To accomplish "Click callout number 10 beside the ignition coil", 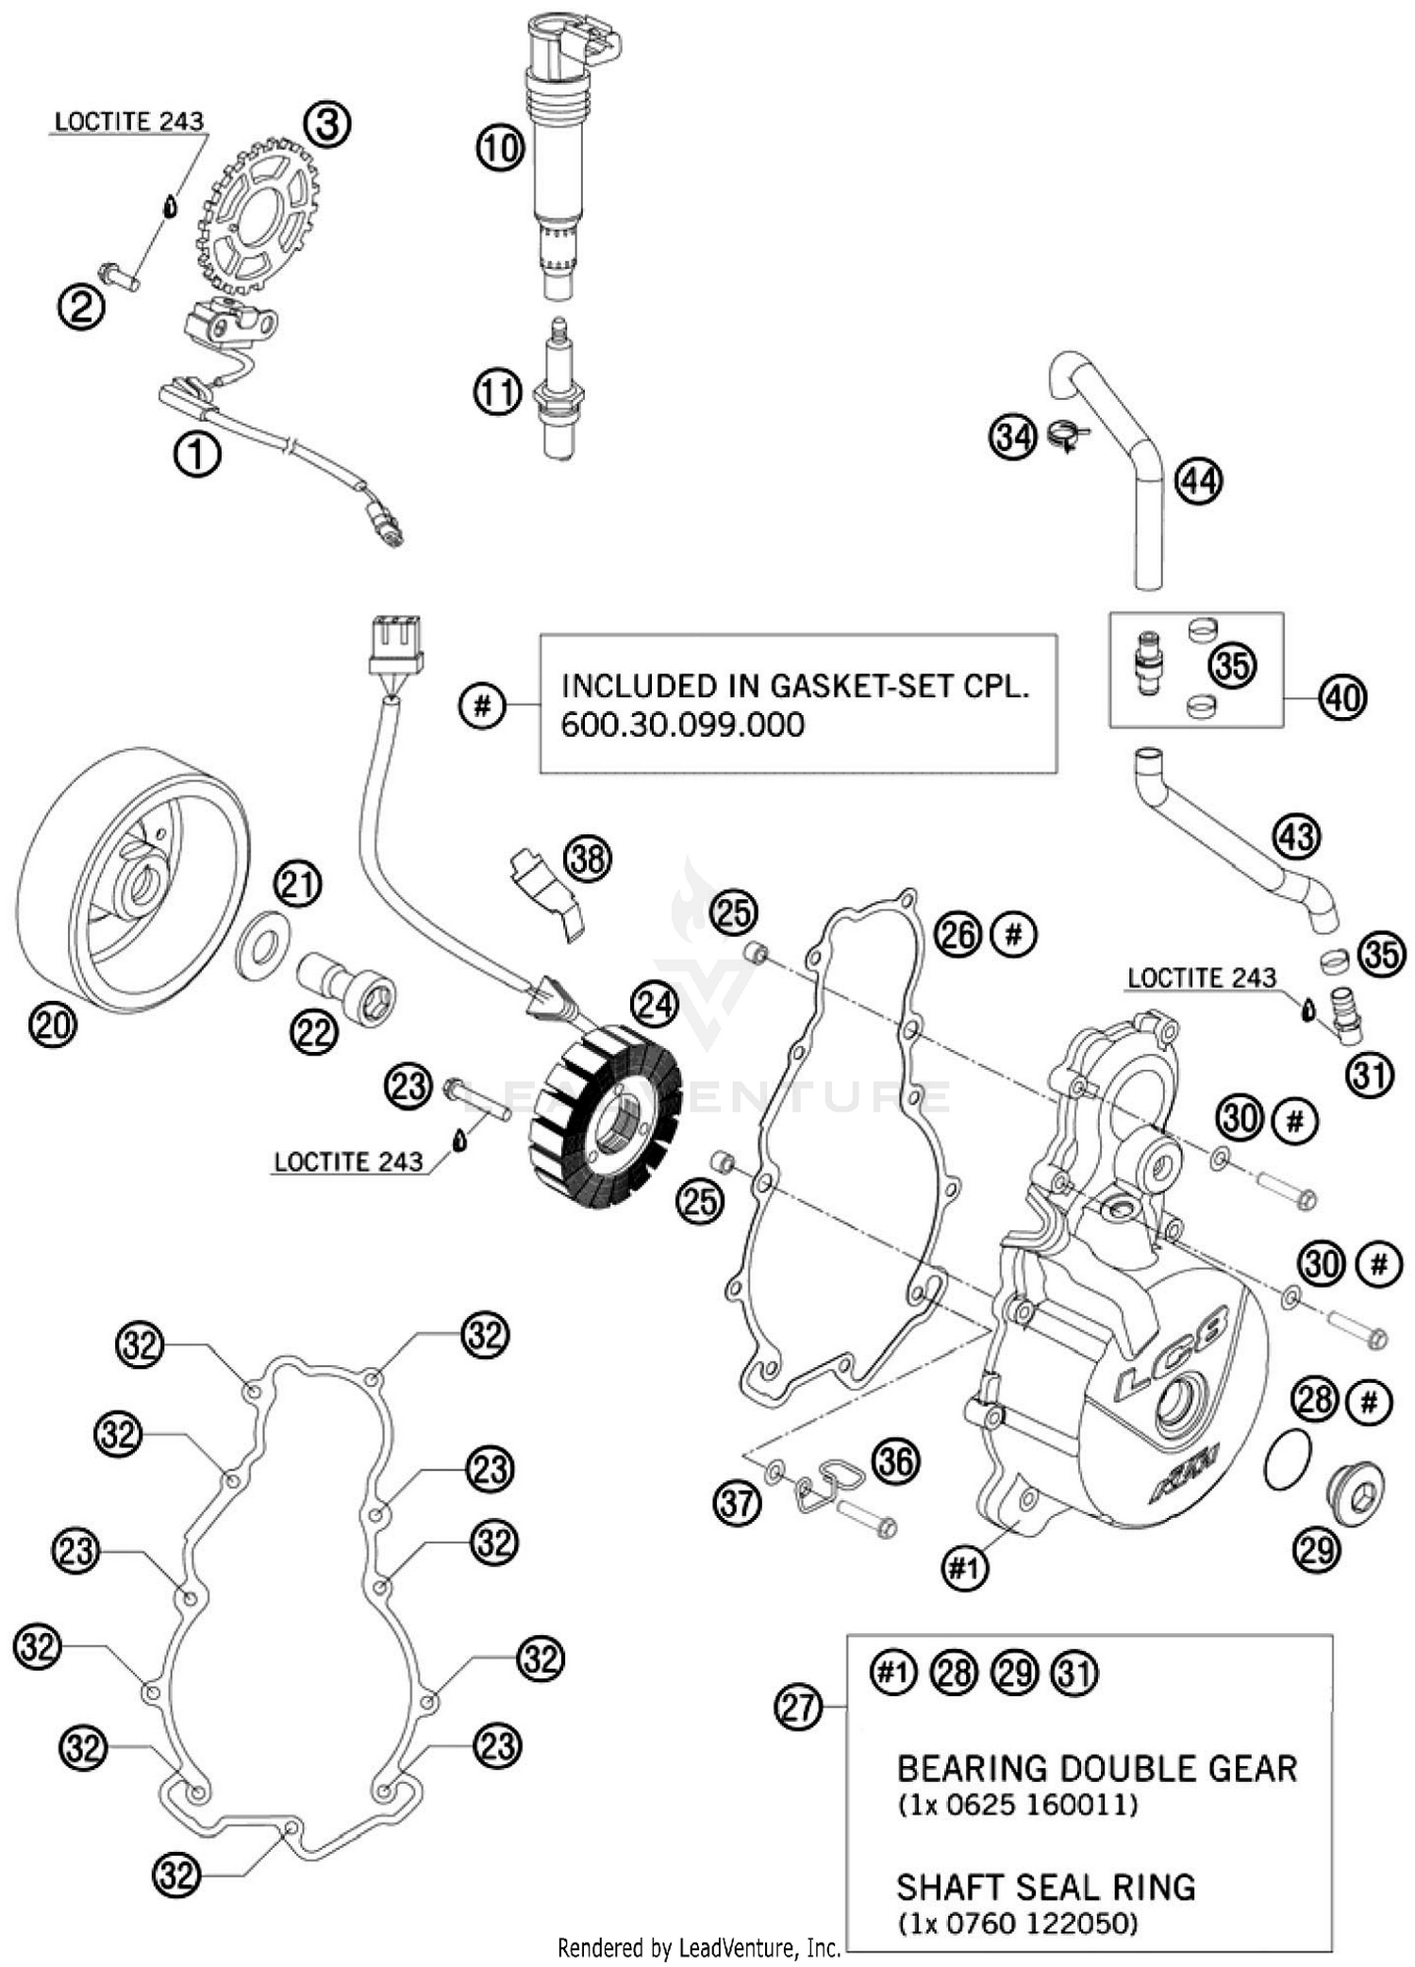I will coord(500,148).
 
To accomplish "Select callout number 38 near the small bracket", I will coord(588,859).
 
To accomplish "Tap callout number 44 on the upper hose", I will coord(1199,481).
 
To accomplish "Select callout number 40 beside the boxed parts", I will coord(1343,697).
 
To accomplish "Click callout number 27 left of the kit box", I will coord(799,1706).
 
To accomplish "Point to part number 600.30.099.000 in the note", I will coord(682,725).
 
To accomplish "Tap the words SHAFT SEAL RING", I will coord(1045,1887).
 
